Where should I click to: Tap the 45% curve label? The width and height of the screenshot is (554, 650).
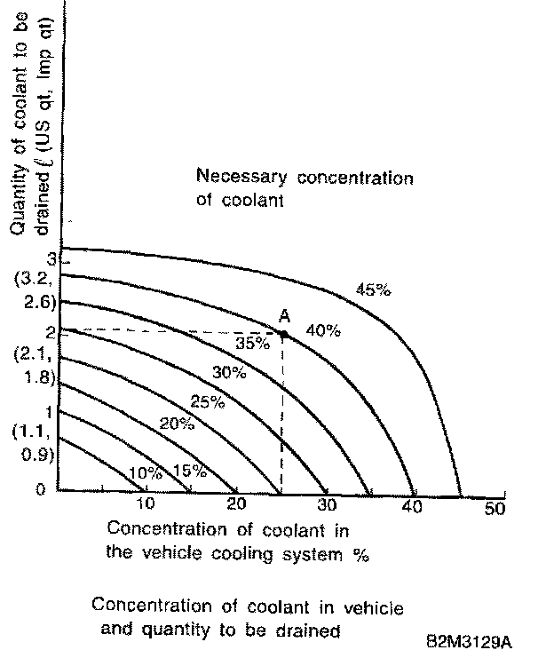(x=373, y=289)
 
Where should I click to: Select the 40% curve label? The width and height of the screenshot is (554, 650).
(x=323, y=331)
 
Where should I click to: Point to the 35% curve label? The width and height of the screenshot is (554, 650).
(x=252, y=343)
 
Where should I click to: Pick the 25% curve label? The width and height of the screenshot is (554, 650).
(x=207, y=401)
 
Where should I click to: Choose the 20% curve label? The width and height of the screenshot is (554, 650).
(x=176, y=424)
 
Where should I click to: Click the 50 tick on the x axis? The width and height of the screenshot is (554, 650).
(x=494, y=508)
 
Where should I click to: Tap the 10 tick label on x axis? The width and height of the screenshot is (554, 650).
(x=146, y=504)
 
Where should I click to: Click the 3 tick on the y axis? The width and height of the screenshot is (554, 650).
(x=52, y=260)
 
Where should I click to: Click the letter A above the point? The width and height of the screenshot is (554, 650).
(x=284, y=316)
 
